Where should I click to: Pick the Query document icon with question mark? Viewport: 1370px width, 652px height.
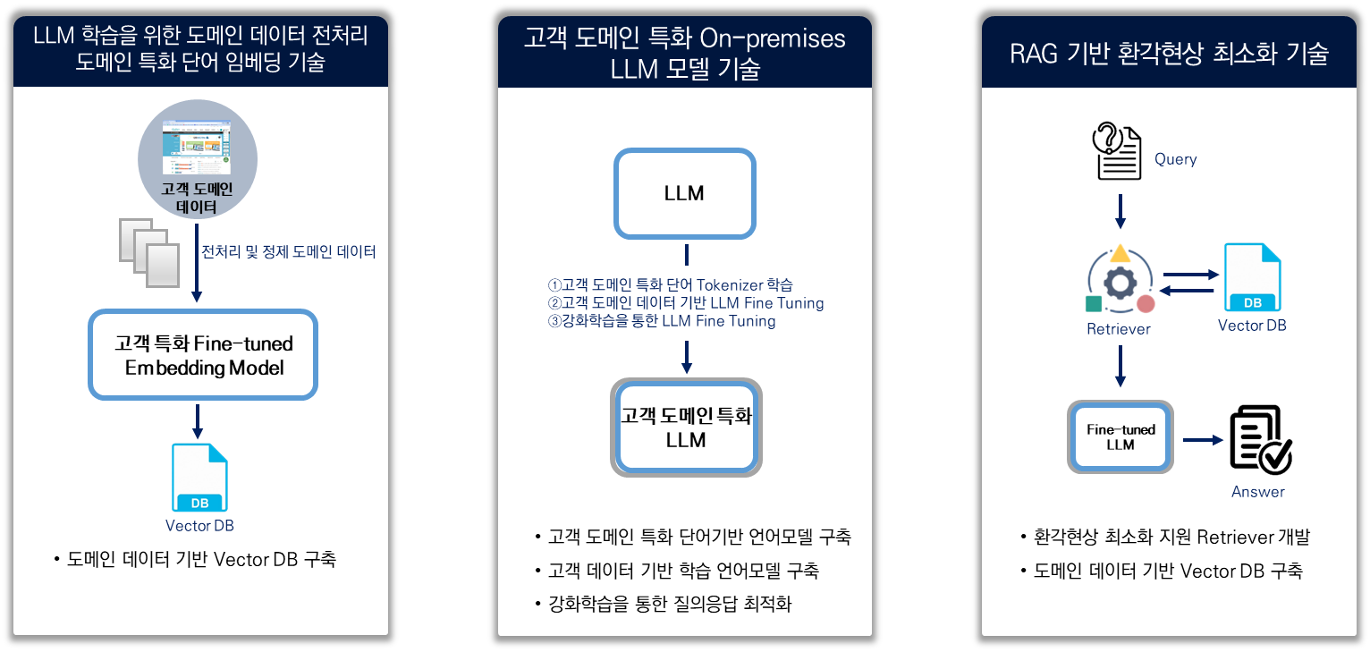[1117, 151]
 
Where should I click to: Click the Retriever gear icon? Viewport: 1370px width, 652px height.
[1121, 282]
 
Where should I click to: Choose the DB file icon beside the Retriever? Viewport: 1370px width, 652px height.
[1252, 277]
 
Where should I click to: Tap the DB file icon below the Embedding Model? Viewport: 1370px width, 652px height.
[199, 477]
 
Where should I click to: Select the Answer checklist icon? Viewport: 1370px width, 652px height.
[1261, 440]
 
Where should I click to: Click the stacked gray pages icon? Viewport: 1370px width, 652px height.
[149, 252]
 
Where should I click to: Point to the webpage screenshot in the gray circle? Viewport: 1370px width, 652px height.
[197, 148]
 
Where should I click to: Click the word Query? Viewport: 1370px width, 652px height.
[1176, 159]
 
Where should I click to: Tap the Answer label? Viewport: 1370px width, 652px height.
[1258, 492]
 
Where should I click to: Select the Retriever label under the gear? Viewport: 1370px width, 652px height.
[1119, 329]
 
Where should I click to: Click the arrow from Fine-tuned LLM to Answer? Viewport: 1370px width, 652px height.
[1203, 440]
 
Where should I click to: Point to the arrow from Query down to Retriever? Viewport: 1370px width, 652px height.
[1121, 212]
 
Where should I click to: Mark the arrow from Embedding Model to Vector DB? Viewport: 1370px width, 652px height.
[197, 421]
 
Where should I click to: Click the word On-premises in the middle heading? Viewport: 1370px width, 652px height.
[773, 38]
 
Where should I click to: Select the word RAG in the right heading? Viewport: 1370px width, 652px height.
[1034, 54]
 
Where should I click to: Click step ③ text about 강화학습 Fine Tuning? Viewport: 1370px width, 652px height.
[662, 321]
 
